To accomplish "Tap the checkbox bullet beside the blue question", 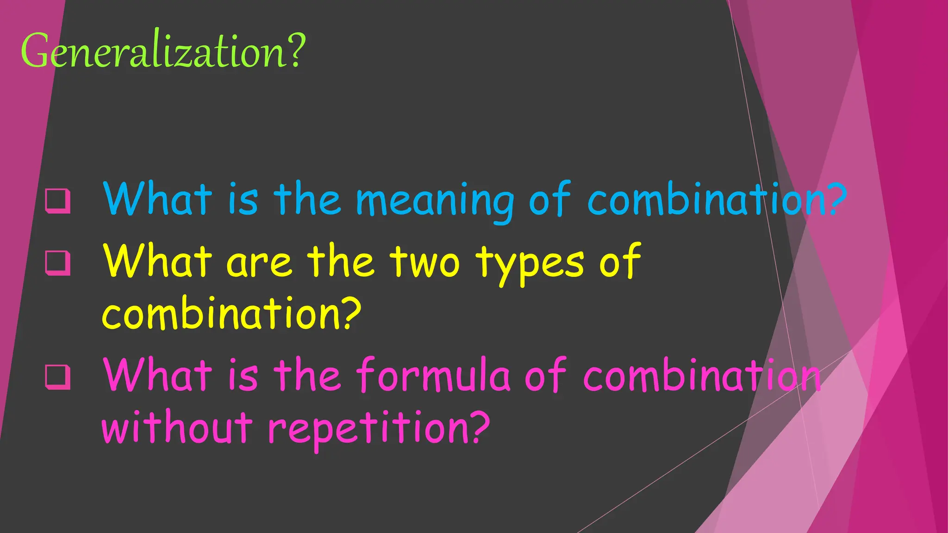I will (x=58, y=200).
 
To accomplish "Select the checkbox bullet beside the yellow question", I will (x=58, y=263).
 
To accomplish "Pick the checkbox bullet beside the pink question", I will (x=58, y=377).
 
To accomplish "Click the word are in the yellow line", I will (x=259, y=263).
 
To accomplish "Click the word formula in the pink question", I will (x=433, y=375).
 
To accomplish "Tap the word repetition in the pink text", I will (x=368, y=428).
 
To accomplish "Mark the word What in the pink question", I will (x=157, y=375).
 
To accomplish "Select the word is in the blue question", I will (x=243, y=200).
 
